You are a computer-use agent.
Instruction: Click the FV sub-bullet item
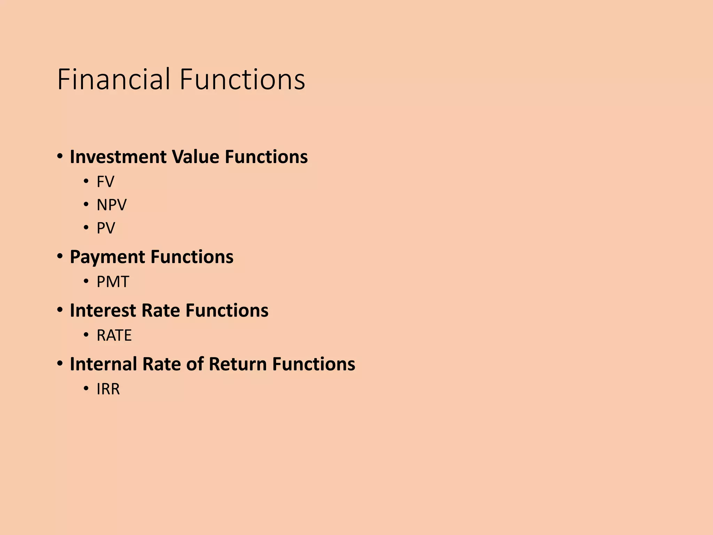coord(105,182)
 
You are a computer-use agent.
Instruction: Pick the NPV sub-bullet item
coord(111,205)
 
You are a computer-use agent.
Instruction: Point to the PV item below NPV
coord(105,228)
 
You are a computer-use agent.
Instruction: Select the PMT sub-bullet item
coord(113,282)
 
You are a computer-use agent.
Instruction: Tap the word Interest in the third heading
coord(103,310)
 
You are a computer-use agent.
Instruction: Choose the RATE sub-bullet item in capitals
coord(114,335)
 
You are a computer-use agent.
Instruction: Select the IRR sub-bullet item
coord(108,389)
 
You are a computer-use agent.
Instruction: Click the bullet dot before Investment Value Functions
coord(60,156)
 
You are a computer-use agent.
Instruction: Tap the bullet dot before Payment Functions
coord(60,257)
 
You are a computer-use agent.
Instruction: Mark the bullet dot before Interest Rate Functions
coord(60,310)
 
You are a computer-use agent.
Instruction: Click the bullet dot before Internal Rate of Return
coord(60,364)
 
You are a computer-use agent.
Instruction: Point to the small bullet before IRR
coord(86,389)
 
